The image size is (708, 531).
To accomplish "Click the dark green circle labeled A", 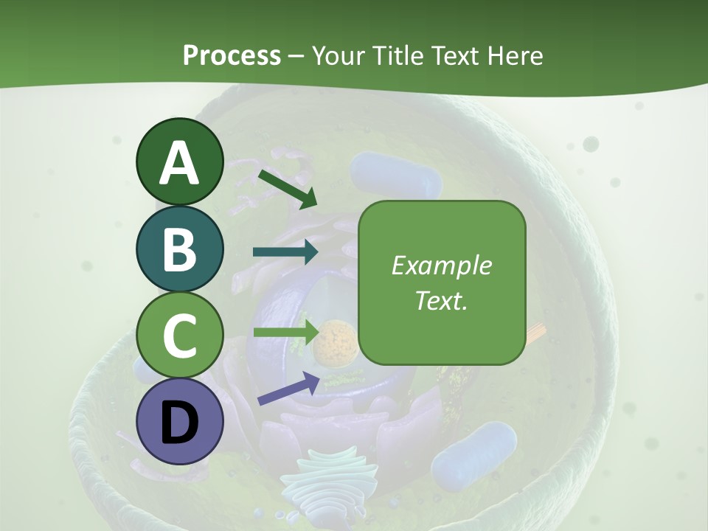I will pyautogui.click(x=180, y=162).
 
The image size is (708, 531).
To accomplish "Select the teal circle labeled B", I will pyautogui.click(x=180, y=249).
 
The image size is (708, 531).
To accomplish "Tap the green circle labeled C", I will pyautogui.click(x=180, y=335).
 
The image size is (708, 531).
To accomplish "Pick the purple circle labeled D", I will pyautogui.click(x=180, y=421).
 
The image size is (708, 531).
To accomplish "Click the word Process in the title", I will pyautogui.click(x=232, y=56).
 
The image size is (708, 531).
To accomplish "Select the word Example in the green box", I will pyautogui.click(x=441, y=265).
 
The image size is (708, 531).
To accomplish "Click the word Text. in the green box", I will pyautogui.click(x=441, y=300).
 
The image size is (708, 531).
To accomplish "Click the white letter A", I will pyautogui.click(x=180, y=163).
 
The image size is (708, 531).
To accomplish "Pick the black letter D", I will pyautogui.click(x=180, y=423).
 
